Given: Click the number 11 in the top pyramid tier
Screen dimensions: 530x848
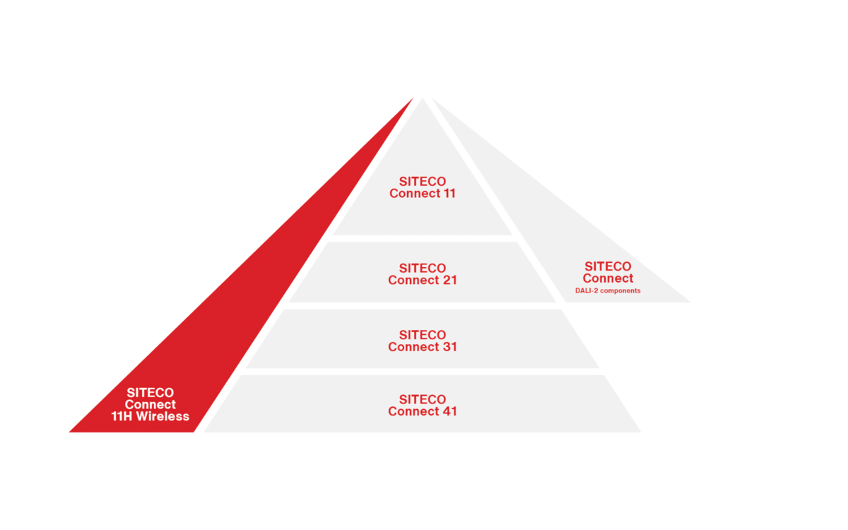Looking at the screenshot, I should pyautogui.click(x=447, y=194).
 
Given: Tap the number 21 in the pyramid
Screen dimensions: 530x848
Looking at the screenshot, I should pyautogui.click(x=448, y=281).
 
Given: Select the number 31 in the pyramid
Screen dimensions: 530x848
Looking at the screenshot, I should pyautogui.click(x=448, y=347).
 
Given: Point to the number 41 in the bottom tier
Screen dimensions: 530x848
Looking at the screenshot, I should pyautogui.click(x=448, y=411).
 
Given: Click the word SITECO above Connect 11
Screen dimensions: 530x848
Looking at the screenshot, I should pyautogui.click(x=423, y=182).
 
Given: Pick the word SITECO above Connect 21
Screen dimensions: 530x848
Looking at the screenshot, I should pyautogui.click(x=423, y=269).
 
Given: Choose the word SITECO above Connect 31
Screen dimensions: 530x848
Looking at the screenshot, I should pyautogui.click(x=423, y=335).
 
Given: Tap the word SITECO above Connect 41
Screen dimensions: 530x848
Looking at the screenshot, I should pyautogui.click(x=423, y=399).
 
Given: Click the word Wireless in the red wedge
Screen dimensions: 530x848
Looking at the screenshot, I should pyautogui.click(x=163, y=416).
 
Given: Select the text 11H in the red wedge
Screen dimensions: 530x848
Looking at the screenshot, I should pyautogui.click(x=123, y=416).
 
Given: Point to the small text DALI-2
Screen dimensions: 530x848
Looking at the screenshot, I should pyautogui.click(x=587, y=290).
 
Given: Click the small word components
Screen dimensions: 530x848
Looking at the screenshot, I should pyautogui.click(x=620, y=290).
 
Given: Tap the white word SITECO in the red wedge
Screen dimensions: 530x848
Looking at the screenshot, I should pyautogui.click(x=151, y=393).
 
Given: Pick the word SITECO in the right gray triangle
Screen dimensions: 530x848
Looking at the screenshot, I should pyautogui.click(x=608, y=266).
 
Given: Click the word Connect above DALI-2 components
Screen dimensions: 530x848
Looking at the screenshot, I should pyautogui.click(x=608, y=278).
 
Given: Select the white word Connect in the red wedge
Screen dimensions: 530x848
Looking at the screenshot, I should pyautogui.click(x=151, y=405).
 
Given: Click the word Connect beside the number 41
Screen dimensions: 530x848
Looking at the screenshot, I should pyautogui.click(x=413, y=411).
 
